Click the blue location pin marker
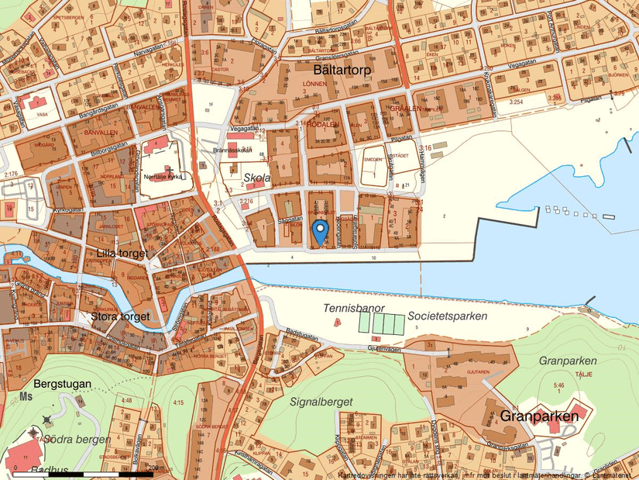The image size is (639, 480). [320, 230]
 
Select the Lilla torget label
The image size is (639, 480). [123, 253]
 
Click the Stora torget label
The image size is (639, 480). [120, 316]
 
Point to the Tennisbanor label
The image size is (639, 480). [354, 309]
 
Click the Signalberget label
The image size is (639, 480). [321, 402]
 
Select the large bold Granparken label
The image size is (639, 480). [540, 416]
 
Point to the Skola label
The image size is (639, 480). [257, 178]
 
